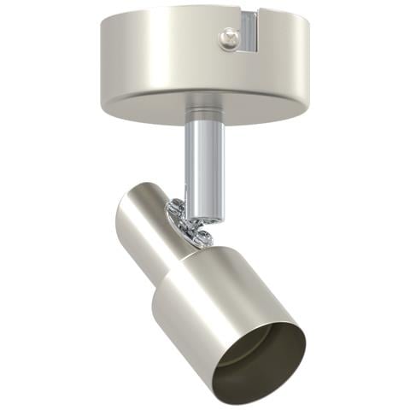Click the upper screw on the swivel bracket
[x=177, y=208]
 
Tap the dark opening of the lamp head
[x=261, y=354]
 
